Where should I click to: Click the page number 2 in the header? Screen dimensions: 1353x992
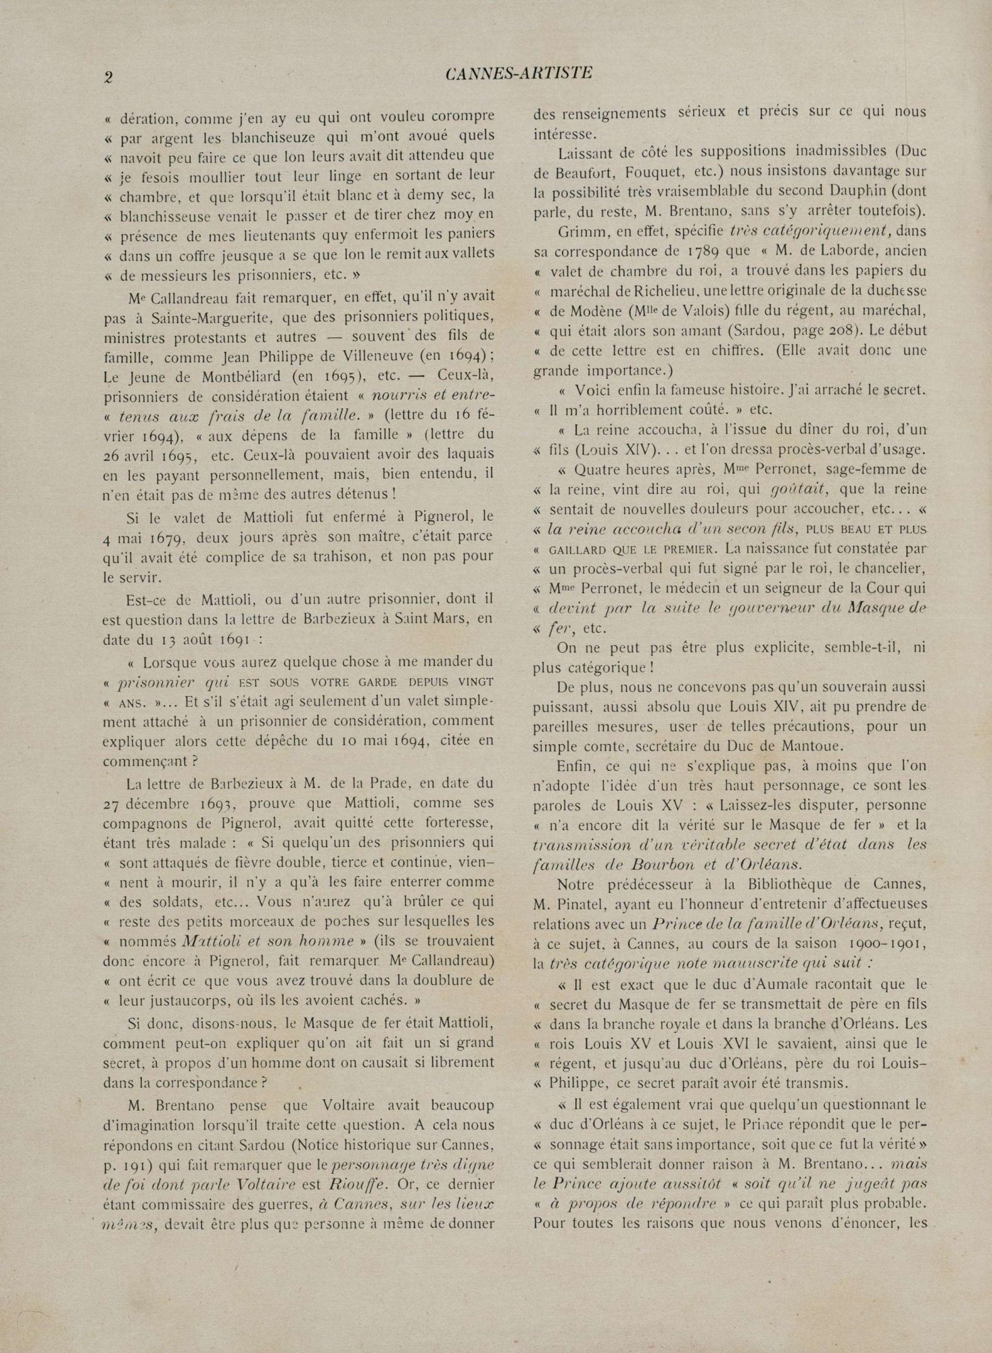click(108, 76)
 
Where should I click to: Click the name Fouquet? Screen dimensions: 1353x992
click(631, 172)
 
